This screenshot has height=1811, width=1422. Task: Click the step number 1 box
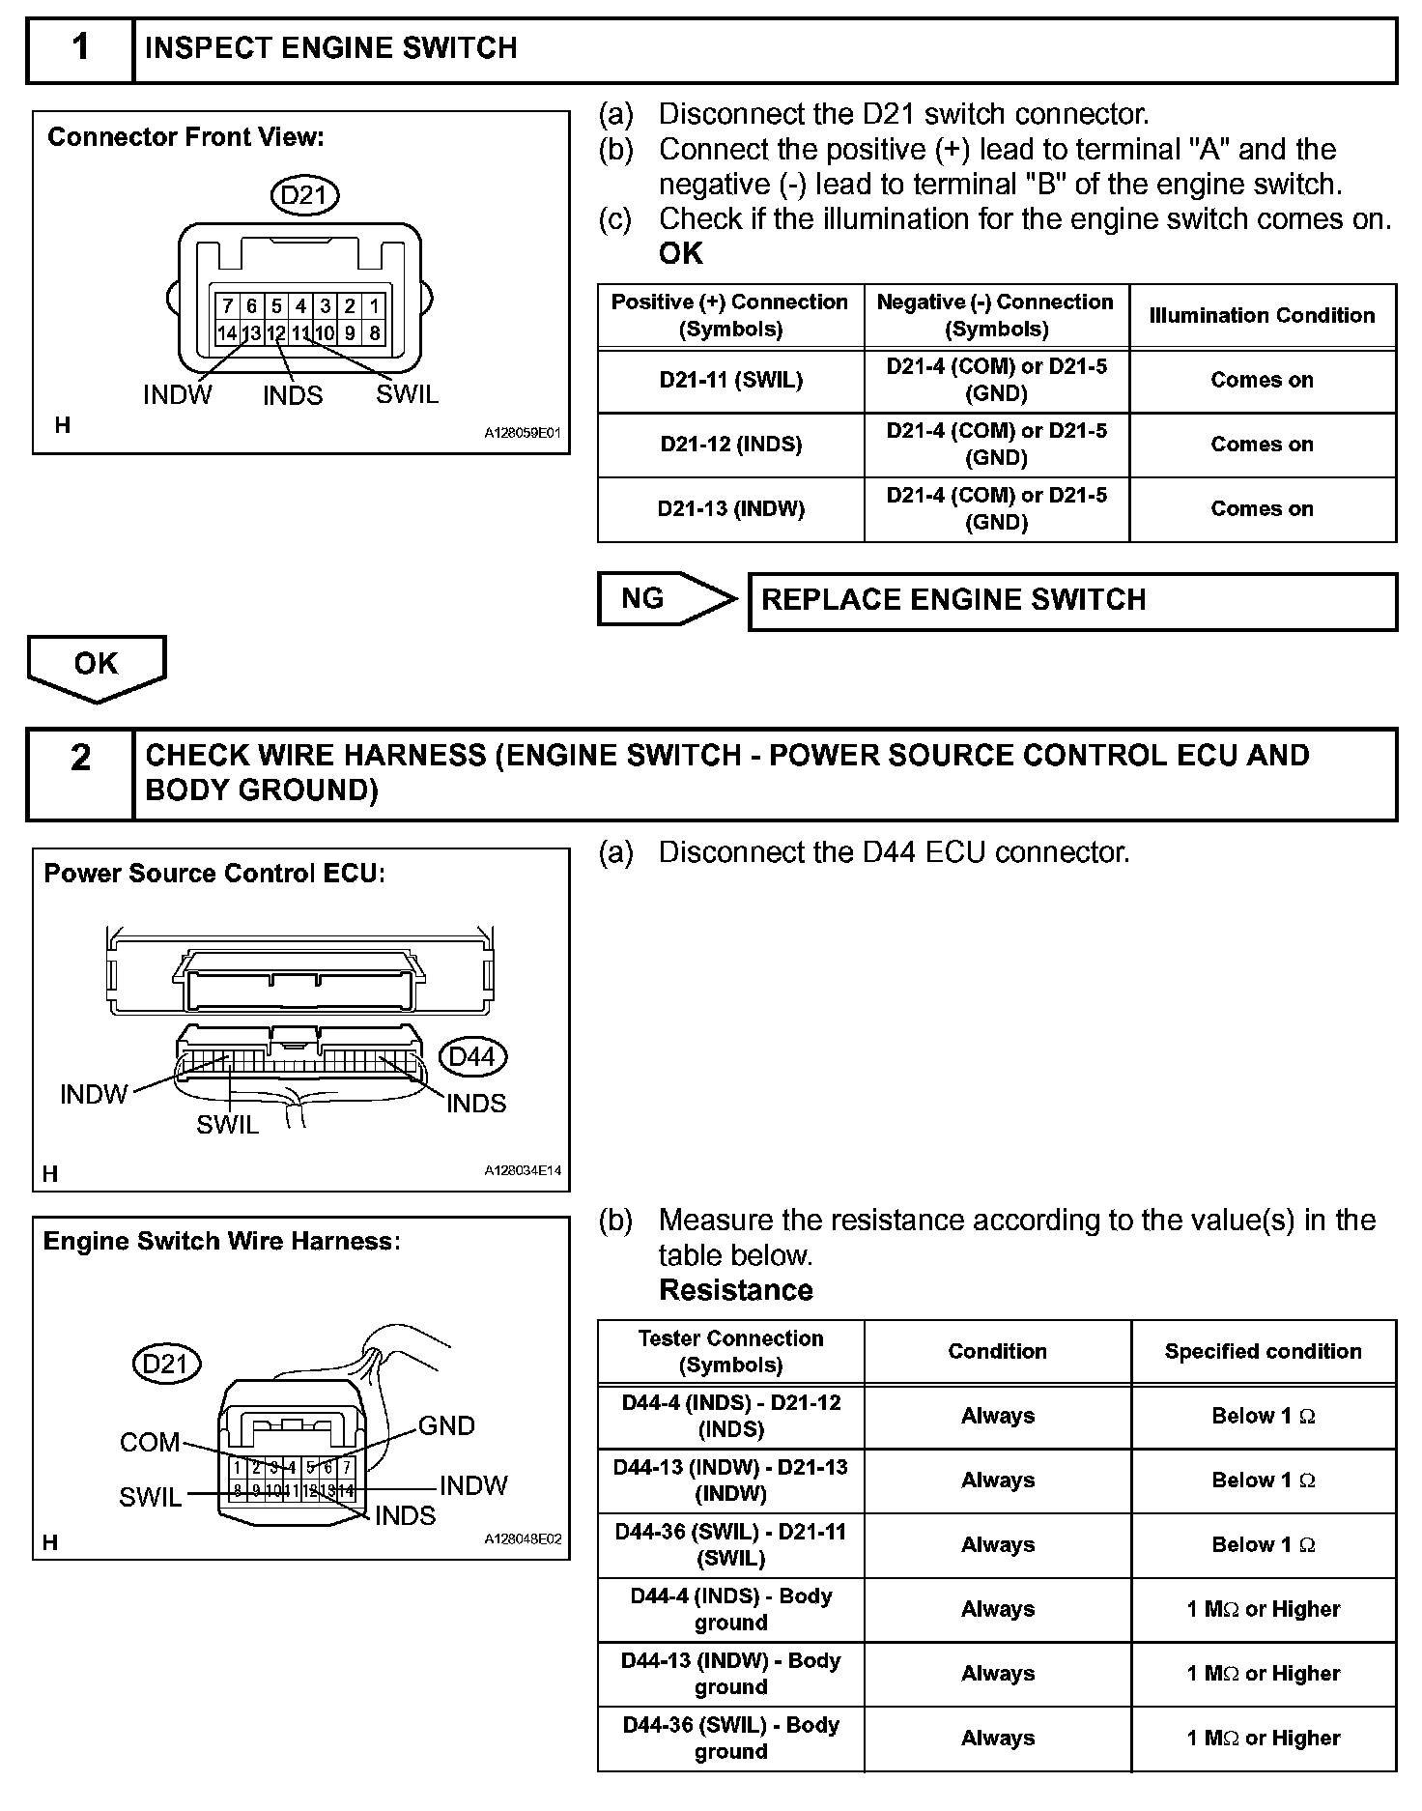(x=80, y=48)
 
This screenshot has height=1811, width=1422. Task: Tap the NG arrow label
(x=643, y=599)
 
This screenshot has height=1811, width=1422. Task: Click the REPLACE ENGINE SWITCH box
(x=1072, y=601)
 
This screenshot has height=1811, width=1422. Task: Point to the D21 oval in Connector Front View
(x=304, y=196)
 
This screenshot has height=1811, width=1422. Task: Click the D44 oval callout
(x=471, y=1056)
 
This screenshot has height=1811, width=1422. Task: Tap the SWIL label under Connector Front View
(x=407, y=394)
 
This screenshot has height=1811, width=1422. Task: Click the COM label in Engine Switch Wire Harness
(x=150, y=1442)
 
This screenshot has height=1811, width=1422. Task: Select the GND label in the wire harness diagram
(x=446, y=1425)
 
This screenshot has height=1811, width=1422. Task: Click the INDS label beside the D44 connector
(x=476, y=1104)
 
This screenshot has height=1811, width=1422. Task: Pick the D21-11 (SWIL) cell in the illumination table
(x=731, y=381)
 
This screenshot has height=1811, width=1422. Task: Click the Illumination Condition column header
(x=1262, y=316)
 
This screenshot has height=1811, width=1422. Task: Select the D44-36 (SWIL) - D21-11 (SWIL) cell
(x=731, y=1544)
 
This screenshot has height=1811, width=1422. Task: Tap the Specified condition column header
(x=1263, y=1351)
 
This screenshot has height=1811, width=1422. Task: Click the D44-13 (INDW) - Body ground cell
(x=731, y=1674)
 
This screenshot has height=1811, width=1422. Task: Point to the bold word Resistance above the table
(x=736, y=1290)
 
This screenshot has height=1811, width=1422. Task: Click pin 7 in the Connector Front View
(x=227, y=306)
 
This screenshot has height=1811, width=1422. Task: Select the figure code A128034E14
(x=523, y=1170)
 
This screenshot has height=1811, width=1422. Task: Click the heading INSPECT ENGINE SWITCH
(x=331, y=48)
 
